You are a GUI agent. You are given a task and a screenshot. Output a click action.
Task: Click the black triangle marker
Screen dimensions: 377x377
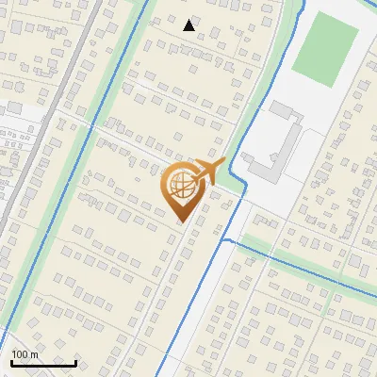pyautogui.click(x=189, y=25)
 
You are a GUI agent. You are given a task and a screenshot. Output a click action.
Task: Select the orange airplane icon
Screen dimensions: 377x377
pyautogui.click(x=209, y=172)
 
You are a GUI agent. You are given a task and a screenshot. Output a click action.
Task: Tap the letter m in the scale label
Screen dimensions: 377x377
pyautogui.click(x=35, y=355)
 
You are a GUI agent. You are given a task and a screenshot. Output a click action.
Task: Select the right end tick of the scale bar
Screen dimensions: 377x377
pyautogui.click(x=76, y=361)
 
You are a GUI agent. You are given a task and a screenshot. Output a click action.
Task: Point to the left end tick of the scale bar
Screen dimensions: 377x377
pyautogui.click(x=11, y=361)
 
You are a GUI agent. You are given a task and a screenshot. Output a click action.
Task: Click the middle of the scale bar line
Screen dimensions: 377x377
pyautogui.click(x=43, y=363)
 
